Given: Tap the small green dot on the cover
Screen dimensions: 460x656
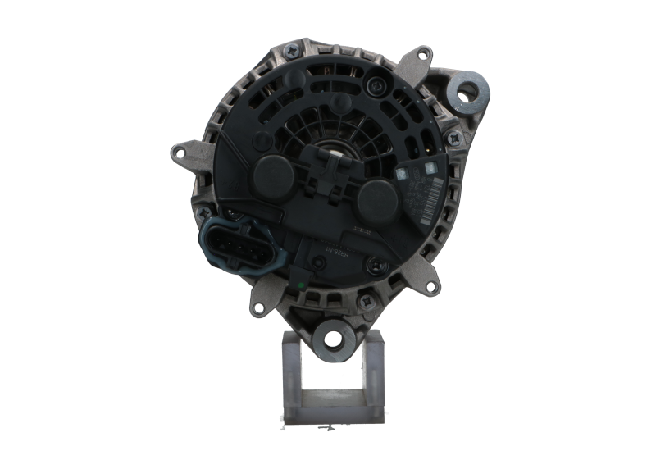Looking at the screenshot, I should pyautogui.click(x=302, y=285).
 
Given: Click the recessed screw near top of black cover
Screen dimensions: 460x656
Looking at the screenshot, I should pyautogui.click(x=379, y=81).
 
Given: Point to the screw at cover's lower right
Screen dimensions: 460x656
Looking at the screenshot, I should pyautogui.click(x=373, y=263).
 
